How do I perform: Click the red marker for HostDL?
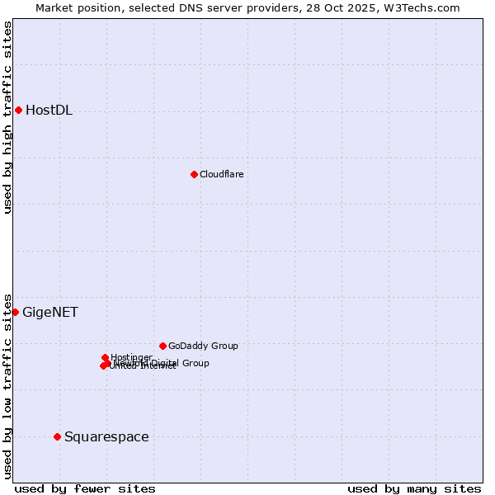pyautogui.click(x=18, y=110)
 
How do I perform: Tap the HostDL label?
pyautogui.click(x=49, y=111)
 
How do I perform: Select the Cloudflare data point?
pyautogui.click(x=194, y=174)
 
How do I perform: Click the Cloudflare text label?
pyautogui.click(x=221, y=174)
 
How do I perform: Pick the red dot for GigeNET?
pyautogui.click(x=15, y=312)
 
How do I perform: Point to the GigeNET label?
pyautogui.click(x=50, y=312)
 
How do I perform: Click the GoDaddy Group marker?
pyautogui.click(x=163, y=346)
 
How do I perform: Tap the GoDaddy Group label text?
pyautogui.click(x=202, y=346)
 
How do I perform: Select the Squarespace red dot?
pyautogui.click(x=57, y=436)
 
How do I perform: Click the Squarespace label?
pyautogui.click(x=106, y=436)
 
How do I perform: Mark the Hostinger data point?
pyautogui.click(x=105, y=357)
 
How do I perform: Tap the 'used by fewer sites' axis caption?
pyautogui.click(x=85, y=488)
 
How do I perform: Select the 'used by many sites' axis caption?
pyautogui.click(x=414, y=488)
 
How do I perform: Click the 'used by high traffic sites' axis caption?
pyautogui.click(x=7, y=117)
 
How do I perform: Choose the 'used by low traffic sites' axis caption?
pyautogui.click(x=7, y=385)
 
